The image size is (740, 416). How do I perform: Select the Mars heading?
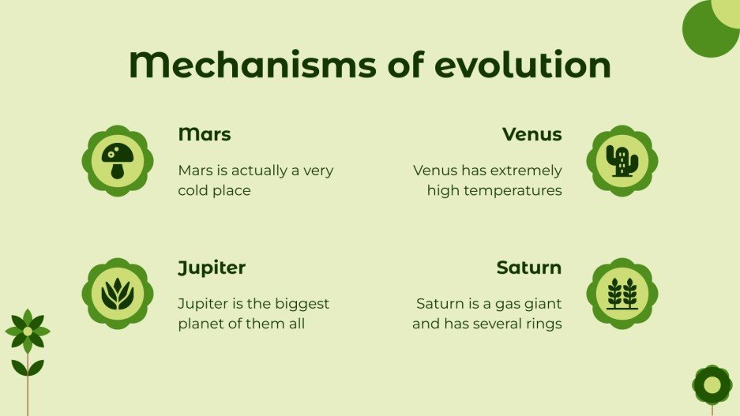(x=205, y=134)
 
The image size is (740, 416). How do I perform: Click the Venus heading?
(x=532, y=134)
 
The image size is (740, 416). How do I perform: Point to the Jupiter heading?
(x=212, y=268)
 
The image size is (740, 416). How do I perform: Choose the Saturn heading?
(x=528, y=268)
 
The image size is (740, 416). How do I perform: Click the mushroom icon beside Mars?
(x=118, y=161)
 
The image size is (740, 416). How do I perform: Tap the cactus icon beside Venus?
(x=622, y=161)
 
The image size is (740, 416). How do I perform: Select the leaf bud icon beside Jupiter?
(x=118, y=294)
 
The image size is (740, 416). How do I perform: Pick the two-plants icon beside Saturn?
(x=622, y=294)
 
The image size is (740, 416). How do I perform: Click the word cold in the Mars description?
(x=193, y=190)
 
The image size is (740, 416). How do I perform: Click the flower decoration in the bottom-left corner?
(x=28, y=332)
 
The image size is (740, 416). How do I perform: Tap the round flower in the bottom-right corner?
(x=712, y=384)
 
